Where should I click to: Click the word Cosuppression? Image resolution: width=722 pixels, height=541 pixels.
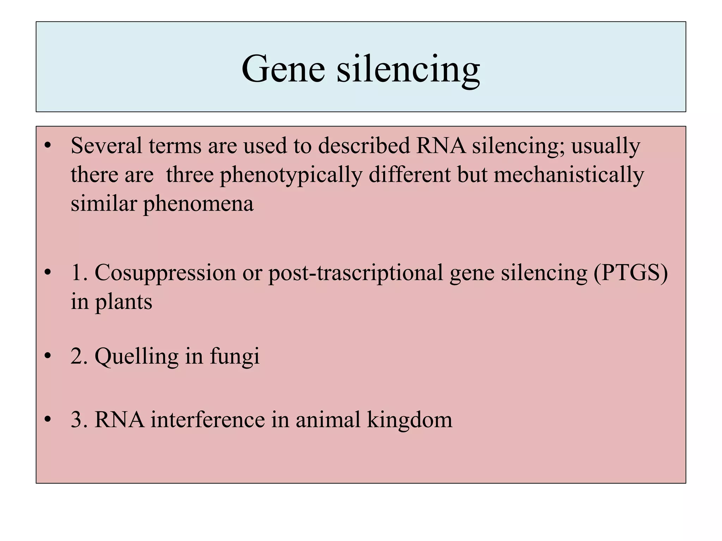[165, 273]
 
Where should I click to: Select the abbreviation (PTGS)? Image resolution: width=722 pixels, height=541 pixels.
[631, 273]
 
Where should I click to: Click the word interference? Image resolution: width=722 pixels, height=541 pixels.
[208, 419]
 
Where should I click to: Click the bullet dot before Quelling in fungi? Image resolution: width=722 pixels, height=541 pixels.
[48, 356]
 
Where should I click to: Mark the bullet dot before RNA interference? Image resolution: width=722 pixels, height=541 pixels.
[48, 419]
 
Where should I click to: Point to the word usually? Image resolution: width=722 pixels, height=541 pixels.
[605, 146]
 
